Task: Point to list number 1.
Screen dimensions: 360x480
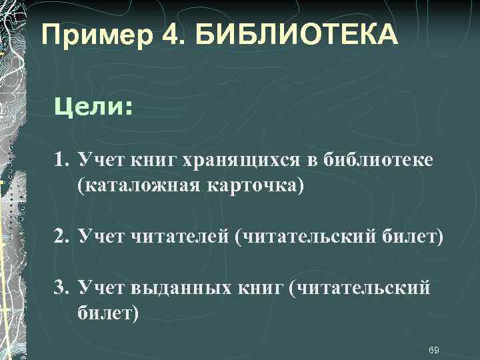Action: point(62,160)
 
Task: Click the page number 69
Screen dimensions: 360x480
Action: point(434,350)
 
